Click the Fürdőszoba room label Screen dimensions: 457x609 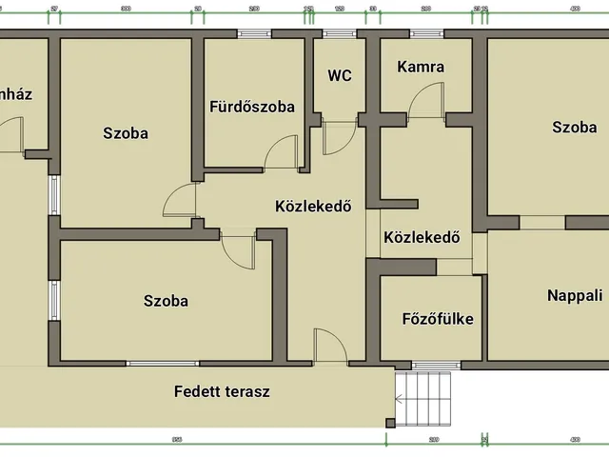point(251,107)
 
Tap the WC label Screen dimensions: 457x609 point(340,76)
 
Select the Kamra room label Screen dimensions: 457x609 point(421,68)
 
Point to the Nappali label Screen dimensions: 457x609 point(575,296)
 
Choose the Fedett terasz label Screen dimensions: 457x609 point(223,391)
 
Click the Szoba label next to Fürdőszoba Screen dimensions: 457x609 point(126,133)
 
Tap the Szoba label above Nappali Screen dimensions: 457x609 point(574,127)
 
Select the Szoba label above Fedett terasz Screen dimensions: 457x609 point(166,301)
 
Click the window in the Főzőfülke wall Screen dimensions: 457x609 point(435,364)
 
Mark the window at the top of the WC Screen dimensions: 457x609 point(338,33)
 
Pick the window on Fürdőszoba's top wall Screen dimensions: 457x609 point(254,33)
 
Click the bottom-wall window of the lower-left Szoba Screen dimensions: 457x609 point(163,364)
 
